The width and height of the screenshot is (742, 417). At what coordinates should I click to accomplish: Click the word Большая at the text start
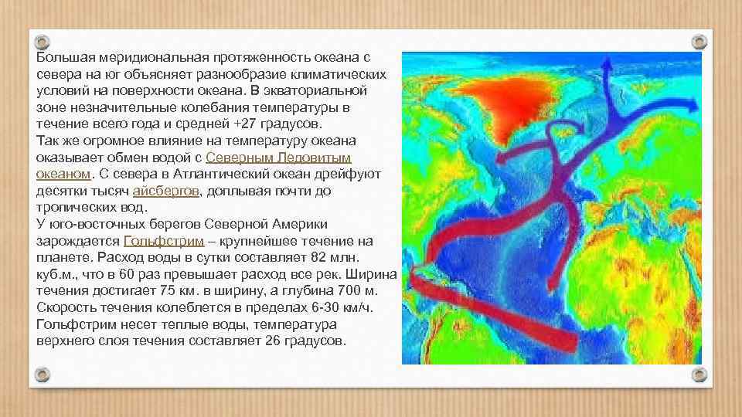point(62,59)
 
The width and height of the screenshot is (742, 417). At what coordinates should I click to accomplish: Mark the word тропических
point(74,208)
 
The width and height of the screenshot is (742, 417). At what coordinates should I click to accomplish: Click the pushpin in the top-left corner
point(43,41)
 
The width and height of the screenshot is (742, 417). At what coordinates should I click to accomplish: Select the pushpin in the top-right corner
point(699,41)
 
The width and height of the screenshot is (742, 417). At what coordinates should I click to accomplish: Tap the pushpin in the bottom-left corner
point(43,375)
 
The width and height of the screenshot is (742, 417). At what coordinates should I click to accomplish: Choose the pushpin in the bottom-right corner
point(699,375)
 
